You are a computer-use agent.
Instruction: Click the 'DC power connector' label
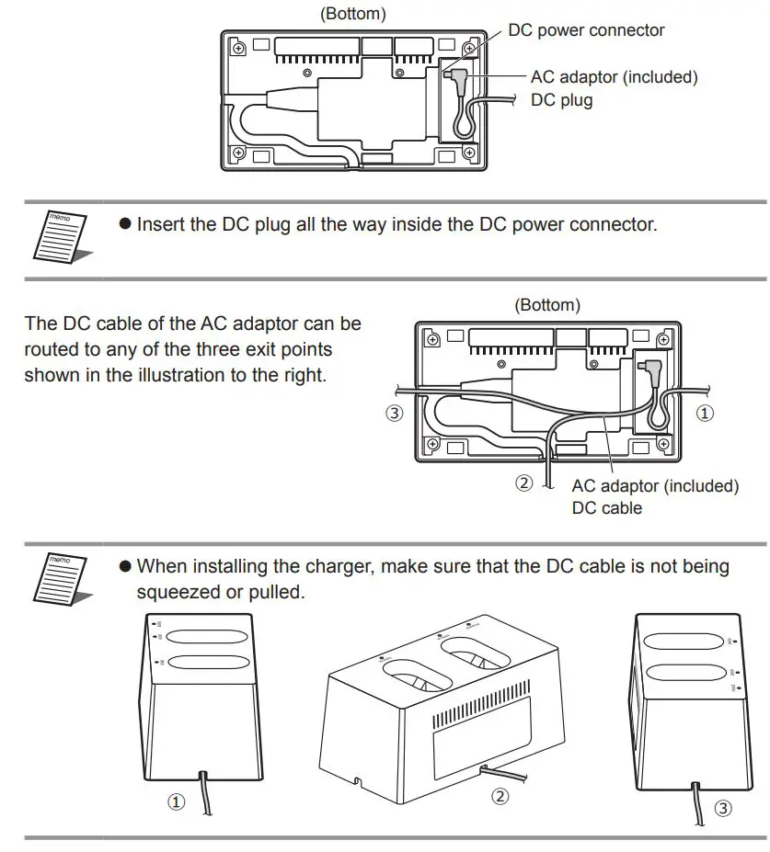pos(586,30)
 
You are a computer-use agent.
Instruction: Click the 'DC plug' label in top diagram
pos(562,100)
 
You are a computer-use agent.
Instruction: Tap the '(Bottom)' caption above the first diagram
pos(351,14)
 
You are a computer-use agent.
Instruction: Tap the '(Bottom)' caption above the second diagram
pos(546,305)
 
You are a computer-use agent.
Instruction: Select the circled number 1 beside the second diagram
pos(705,414)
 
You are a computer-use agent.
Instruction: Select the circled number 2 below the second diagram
pos(523,483)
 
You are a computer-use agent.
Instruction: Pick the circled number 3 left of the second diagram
pos(394,414)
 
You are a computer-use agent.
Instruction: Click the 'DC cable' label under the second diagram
pos(606,507)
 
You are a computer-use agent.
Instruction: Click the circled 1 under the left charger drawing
pos(176,802)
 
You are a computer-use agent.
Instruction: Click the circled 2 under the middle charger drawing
pos(500,797)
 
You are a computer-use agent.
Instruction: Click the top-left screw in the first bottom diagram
pos(238,47)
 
